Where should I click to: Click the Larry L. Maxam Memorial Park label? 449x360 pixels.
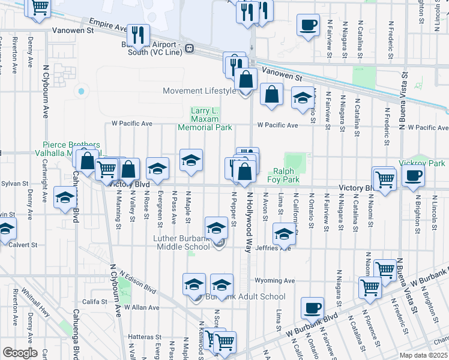[x=204, y=119]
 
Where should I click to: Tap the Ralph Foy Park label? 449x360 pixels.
[x=283, y=175]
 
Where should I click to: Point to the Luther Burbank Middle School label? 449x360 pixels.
[x=181, y=243]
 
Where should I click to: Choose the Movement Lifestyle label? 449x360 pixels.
[x=200, y=91]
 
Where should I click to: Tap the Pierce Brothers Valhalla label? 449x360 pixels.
[x=66, y=149]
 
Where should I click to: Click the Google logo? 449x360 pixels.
[x=20, y=353]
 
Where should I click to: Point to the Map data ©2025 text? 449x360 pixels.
[x=423, y=355]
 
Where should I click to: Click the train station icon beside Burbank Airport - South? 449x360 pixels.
[x=189, y=48]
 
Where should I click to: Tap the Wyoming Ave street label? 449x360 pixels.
[x=274, y=280]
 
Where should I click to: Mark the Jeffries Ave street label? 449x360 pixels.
[x=273, y=248]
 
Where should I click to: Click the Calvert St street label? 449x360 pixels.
[x=23, y=245]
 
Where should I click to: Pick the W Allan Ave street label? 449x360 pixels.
[x=144, y=307]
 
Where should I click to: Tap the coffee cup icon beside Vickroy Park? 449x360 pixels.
[x=414, y=176]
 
